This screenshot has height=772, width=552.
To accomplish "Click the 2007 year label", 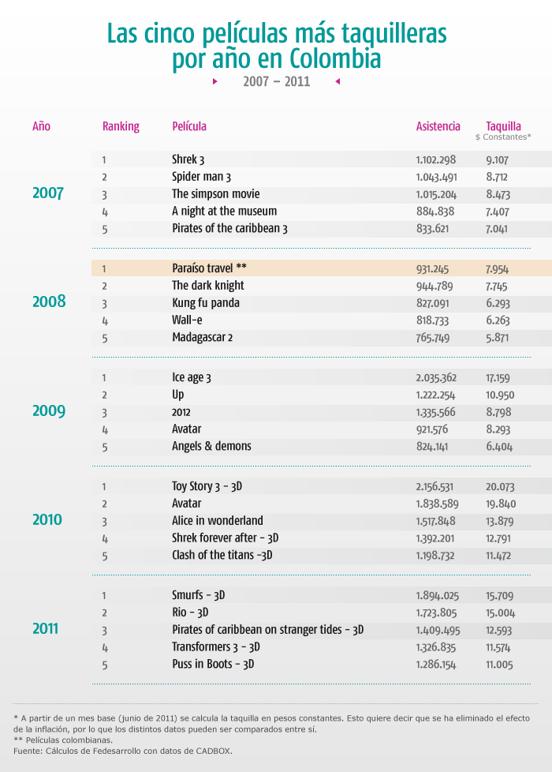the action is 48,193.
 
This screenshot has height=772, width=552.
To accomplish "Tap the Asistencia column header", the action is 438,126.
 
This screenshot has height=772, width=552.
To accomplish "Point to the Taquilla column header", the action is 503,126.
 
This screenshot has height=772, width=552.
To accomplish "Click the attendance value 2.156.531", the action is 435,487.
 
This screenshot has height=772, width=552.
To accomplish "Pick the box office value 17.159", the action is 498,378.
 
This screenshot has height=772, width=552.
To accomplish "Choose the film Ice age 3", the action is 192,377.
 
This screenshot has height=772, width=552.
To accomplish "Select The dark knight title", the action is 208,286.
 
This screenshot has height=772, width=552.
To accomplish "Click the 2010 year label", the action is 47,519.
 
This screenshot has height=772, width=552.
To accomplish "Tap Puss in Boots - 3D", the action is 213,664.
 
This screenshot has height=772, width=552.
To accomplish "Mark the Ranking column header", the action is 121,126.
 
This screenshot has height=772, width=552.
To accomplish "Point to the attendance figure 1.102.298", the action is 436,160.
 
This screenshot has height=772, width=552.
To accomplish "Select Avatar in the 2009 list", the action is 186,429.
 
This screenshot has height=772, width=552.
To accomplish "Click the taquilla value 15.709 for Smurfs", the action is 500,596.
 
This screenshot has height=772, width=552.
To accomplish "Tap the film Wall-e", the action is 187,320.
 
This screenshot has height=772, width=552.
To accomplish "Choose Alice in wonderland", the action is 218,520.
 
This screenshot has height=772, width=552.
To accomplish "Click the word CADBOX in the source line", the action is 214,751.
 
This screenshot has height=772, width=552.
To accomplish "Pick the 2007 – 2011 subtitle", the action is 277,81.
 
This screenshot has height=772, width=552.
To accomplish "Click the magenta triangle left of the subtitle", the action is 215,81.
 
